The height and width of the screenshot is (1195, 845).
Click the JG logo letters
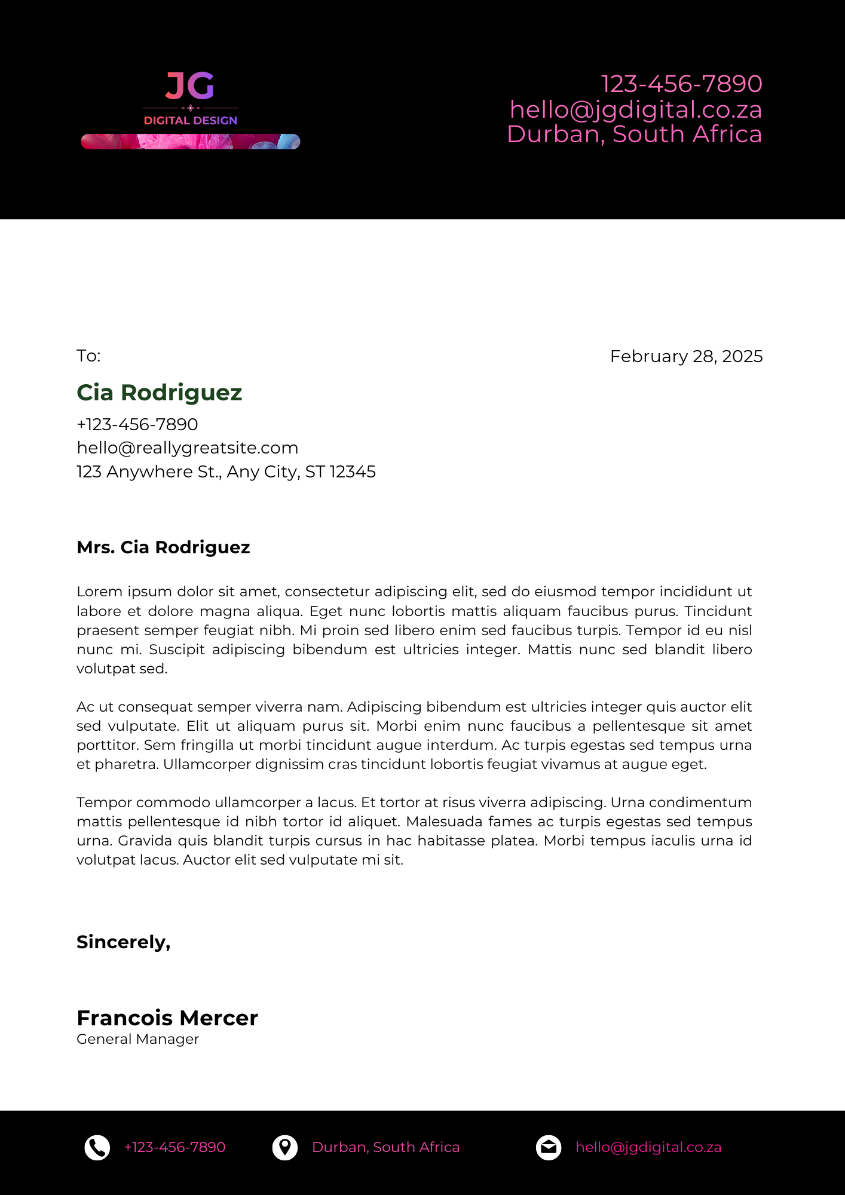tap(190, 86)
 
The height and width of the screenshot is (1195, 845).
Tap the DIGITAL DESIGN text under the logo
tap(191, 121)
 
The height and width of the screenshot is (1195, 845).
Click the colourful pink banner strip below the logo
tap(191, 142)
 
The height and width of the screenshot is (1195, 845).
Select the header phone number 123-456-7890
tap(681, 84)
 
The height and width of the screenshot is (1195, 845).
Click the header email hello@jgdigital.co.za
tap(635, 110)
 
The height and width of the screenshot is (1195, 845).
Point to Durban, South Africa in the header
tap(634, 134)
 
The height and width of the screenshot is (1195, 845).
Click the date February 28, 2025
tap(686, 357)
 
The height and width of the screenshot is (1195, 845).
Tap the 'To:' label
tap(88, 356)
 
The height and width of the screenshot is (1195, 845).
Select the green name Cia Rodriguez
tap(160, 393)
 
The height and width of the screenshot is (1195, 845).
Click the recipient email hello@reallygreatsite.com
tap(188, 448)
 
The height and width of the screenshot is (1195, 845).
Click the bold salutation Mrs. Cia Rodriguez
tap(163, 547)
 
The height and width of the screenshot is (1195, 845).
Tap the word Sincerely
tap(123, 942)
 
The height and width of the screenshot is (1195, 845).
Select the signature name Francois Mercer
tap(167, 1018)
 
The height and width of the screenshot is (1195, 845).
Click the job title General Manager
tap(138, 1040)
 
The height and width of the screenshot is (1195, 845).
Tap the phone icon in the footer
tap(97, 1148)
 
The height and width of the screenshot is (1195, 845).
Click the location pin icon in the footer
tap(285, 1148)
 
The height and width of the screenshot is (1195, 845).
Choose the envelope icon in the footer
tap(549, 1148)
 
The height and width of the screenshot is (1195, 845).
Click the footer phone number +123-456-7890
tap(174, 1148)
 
